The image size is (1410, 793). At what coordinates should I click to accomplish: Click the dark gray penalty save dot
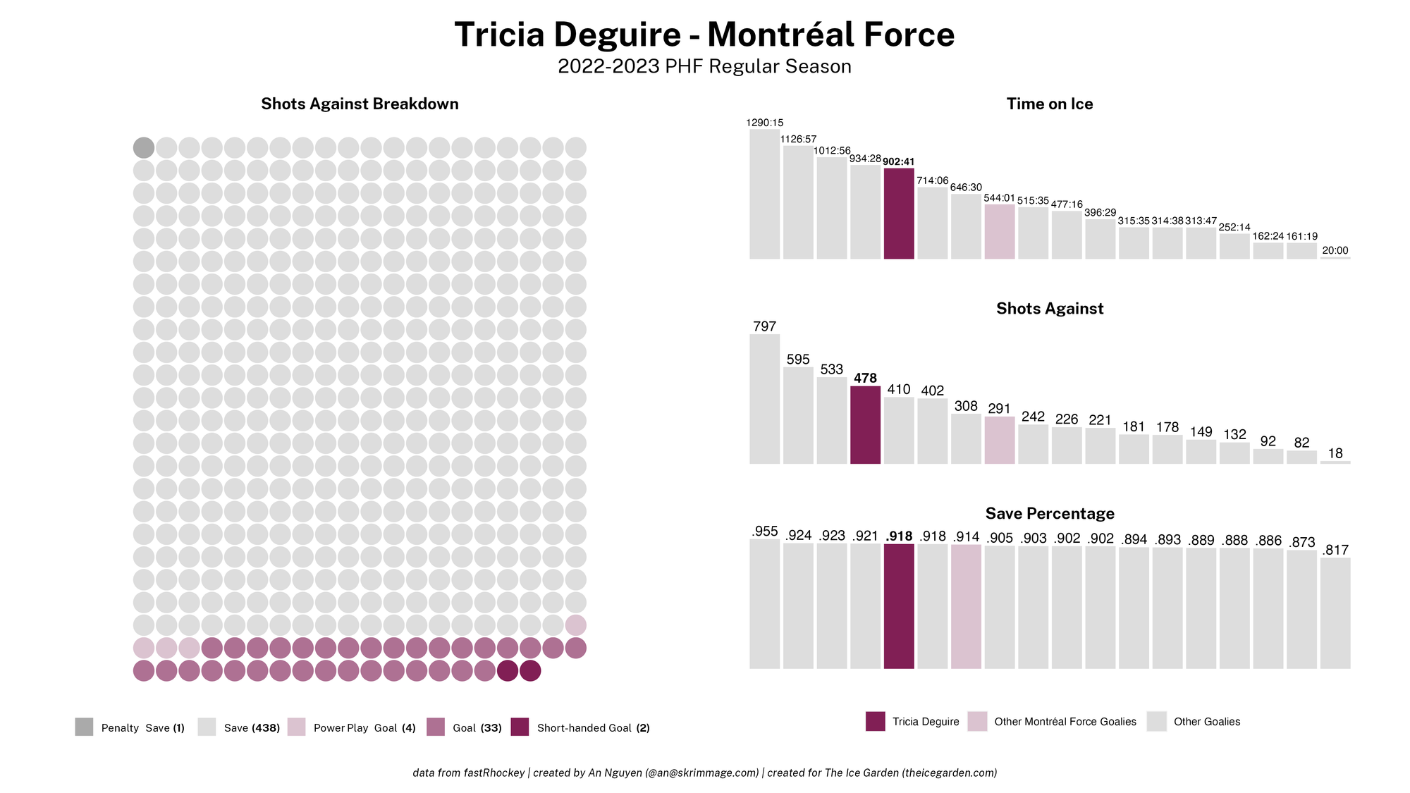tap(144, 148)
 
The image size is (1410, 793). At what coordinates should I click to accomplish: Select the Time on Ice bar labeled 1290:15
tap(764, 194)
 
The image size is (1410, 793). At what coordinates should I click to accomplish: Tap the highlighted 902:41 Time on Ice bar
tap(899, 214)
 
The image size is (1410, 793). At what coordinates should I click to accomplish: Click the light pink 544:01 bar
tap(1000, 232)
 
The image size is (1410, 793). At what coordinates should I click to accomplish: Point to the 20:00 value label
tap(1335, 251)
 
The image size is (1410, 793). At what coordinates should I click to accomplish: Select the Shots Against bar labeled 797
tap(764, 399)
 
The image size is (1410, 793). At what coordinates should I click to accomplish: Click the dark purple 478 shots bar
tap(865, 425)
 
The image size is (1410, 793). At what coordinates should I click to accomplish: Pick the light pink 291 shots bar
tap(1000, 441)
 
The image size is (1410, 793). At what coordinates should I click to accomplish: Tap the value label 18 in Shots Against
tap(1335, 454)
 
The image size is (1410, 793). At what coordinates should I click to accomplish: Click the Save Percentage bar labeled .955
tap(764, 604)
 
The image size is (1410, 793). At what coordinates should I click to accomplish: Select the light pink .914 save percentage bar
tap(966, 607)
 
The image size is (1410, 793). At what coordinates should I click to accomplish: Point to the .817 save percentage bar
tap(1335, 613)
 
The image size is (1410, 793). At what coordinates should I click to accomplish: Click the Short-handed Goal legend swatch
tap(520, 727)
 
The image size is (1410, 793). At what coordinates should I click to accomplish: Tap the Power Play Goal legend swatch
tap(297, 727)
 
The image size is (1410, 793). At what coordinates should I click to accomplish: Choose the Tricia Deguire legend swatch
tap(876, 721)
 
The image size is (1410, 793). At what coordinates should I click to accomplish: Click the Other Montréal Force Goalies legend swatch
tap(977, 721)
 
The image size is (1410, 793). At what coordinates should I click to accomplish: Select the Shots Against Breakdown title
tap(360, 104)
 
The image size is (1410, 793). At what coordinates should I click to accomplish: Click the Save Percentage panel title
tap(1050, 513)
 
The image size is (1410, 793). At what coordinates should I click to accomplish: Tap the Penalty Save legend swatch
tap(84, 727)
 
